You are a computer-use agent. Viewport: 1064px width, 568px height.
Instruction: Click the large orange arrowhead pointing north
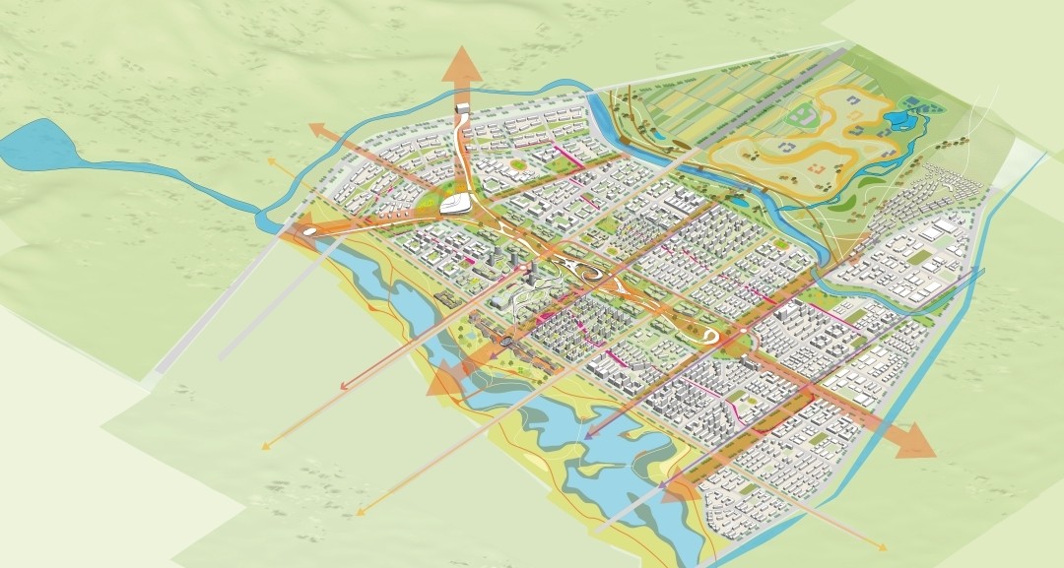coord(461,67)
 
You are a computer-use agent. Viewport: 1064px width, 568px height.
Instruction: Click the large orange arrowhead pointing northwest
coord(318,127)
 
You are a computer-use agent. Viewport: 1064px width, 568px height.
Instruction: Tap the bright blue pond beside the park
coord(898,121)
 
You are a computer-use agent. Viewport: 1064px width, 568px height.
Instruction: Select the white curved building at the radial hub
coord(454,206)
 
